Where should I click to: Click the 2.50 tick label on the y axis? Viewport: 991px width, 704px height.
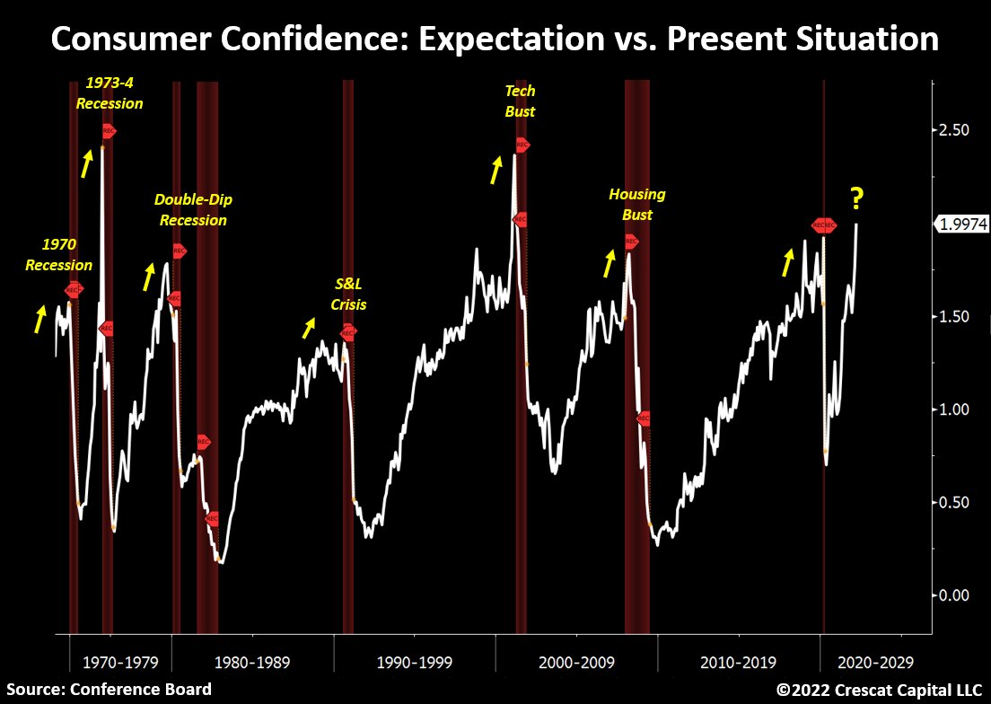point(953,130)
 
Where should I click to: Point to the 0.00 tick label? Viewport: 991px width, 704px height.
point(953,594)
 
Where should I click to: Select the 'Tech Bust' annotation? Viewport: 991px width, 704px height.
point(520,101)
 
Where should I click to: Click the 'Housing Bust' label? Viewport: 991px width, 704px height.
point(637,204)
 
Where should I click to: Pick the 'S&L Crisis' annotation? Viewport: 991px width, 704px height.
point(348,295)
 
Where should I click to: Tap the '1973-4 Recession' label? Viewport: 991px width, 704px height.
point(110,92)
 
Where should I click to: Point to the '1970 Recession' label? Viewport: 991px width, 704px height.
point(58,254)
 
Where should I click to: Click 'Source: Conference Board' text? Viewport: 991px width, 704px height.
point(109,690)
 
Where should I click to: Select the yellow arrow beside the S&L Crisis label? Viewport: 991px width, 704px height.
point(309,328)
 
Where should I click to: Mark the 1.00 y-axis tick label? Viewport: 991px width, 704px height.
point(953,409)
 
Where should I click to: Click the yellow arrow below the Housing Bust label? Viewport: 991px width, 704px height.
point(610,263)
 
